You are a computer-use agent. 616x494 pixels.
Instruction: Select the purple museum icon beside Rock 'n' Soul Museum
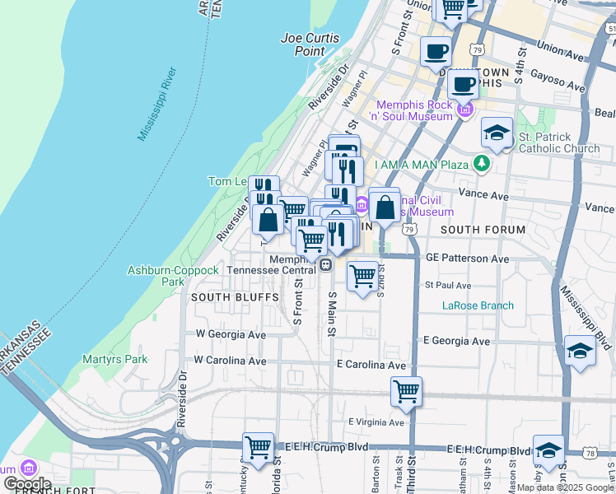pos(466,110)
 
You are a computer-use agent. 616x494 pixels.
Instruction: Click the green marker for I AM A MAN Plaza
pos(483,164)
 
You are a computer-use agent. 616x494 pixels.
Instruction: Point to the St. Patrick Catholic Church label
pos(559,142)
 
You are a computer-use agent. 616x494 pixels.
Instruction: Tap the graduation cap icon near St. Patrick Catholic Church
pos(497,133)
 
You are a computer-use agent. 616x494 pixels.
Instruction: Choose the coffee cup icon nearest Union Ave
pos(436,51)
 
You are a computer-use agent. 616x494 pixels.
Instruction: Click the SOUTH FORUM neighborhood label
pos(483,229)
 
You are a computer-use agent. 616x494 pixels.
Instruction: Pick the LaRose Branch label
pos(478,305)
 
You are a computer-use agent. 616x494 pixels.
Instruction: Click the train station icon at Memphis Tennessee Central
pos(326,265)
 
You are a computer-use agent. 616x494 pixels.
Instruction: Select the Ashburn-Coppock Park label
pos(173,276)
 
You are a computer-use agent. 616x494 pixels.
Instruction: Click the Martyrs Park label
pos(115,359)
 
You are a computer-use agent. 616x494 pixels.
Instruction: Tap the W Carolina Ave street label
pos(231,361)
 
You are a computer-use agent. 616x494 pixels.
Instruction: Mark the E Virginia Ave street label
pos(376,422)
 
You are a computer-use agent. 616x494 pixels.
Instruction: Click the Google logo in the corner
pos(27,483)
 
